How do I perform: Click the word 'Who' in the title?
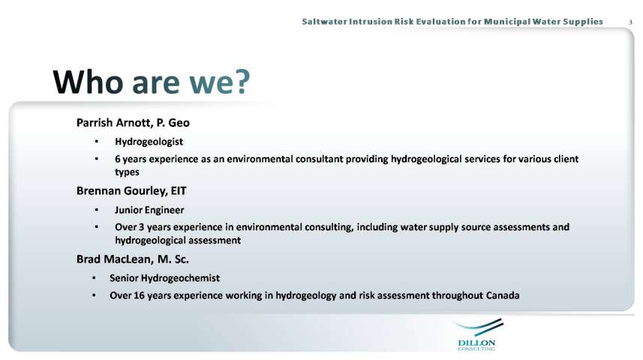click(88, 82)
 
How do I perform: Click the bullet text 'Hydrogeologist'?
click(149, 142)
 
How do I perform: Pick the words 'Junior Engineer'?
click(149, 210)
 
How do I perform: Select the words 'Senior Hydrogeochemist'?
click(164, 278)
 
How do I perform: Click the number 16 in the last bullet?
click(139, 295)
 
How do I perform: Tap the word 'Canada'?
click(503, 295)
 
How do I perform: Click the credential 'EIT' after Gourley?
click(178, 190)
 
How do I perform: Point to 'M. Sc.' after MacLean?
click(173, 259)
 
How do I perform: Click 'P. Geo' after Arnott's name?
click(173, 122)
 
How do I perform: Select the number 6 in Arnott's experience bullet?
click(118, 159)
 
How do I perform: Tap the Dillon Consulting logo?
click(477, 334)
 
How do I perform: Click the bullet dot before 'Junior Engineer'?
click(96, 210)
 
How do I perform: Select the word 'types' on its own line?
click(127, 172)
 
